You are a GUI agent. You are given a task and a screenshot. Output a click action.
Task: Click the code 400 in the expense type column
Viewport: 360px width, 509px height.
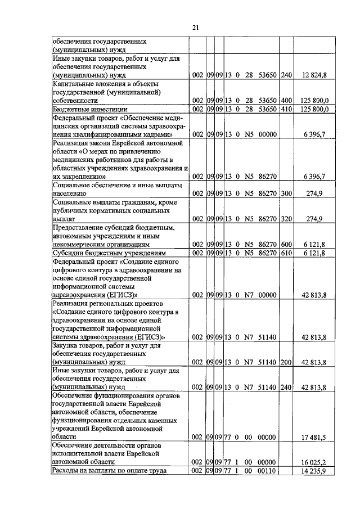286,101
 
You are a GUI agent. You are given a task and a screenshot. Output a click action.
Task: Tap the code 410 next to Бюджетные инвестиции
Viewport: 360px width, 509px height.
286,109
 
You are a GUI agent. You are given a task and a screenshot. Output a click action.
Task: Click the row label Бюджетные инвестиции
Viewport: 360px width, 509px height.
89,109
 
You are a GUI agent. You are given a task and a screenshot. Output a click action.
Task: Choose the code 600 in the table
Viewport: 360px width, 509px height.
286,245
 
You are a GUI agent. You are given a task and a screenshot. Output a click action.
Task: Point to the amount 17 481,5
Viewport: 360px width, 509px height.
316,437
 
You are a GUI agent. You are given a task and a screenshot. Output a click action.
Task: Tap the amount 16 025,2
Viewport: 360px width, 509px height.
316,462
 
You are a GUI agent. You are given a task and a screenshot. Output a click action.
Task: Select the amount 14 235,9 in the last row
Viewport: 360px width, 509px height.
316,470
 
